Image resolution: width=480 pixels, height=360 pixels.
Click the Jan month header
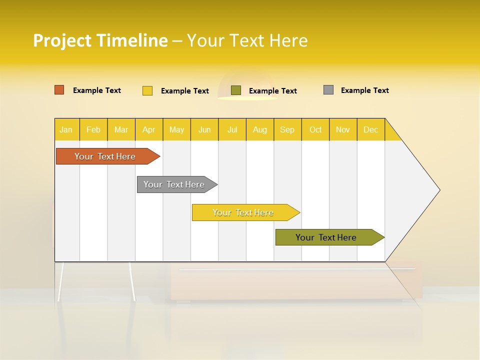pyautogui.click(x=66, y=129)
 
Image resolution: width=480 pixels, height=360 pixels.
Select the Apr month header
pyautogui.click(x=148, y=129)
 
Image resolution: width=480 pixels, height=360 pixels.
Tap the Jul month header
pyautogui.click(x=232, y=129)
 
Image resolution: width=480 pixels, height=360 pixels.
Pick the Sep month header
pyautogui.click(x=287, y=129)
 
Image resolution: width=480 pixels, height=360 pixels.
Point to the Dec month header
pyautogui.click(x=370, y=129)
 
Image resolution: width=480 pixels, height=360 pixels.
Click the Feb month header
pyautogui.click(x=93, y=129)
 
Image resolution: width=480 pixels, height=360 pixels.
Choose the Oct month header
pyautogui.click(x=315, y=129)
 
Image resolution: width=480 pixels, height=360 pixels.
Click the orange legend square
pyautogui.click(x=59, y=90)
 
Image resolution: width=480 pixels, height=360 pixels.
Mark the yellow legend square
pyautogui.click(x=147, y=90)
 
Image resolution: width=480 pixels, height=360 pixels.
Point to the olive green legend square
pyautogui.click(x=236, y=90)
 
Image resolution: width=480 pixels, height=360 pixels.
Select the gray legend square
pyautogui.click(x=328, y=90)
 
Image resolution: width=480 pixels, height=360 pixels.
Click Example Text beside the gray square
pyautogui.click(x=364, y=90)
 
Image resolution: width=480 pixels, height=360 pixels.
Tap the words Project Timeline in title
pyautogui.click(x=100, y=40)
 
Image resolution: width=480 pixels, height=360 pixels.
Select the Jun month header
pyautogui.click(x=204, y=129)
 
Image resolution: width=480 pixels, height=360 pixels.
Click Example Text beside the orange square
pyautogui.click(x=96, y=90)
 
